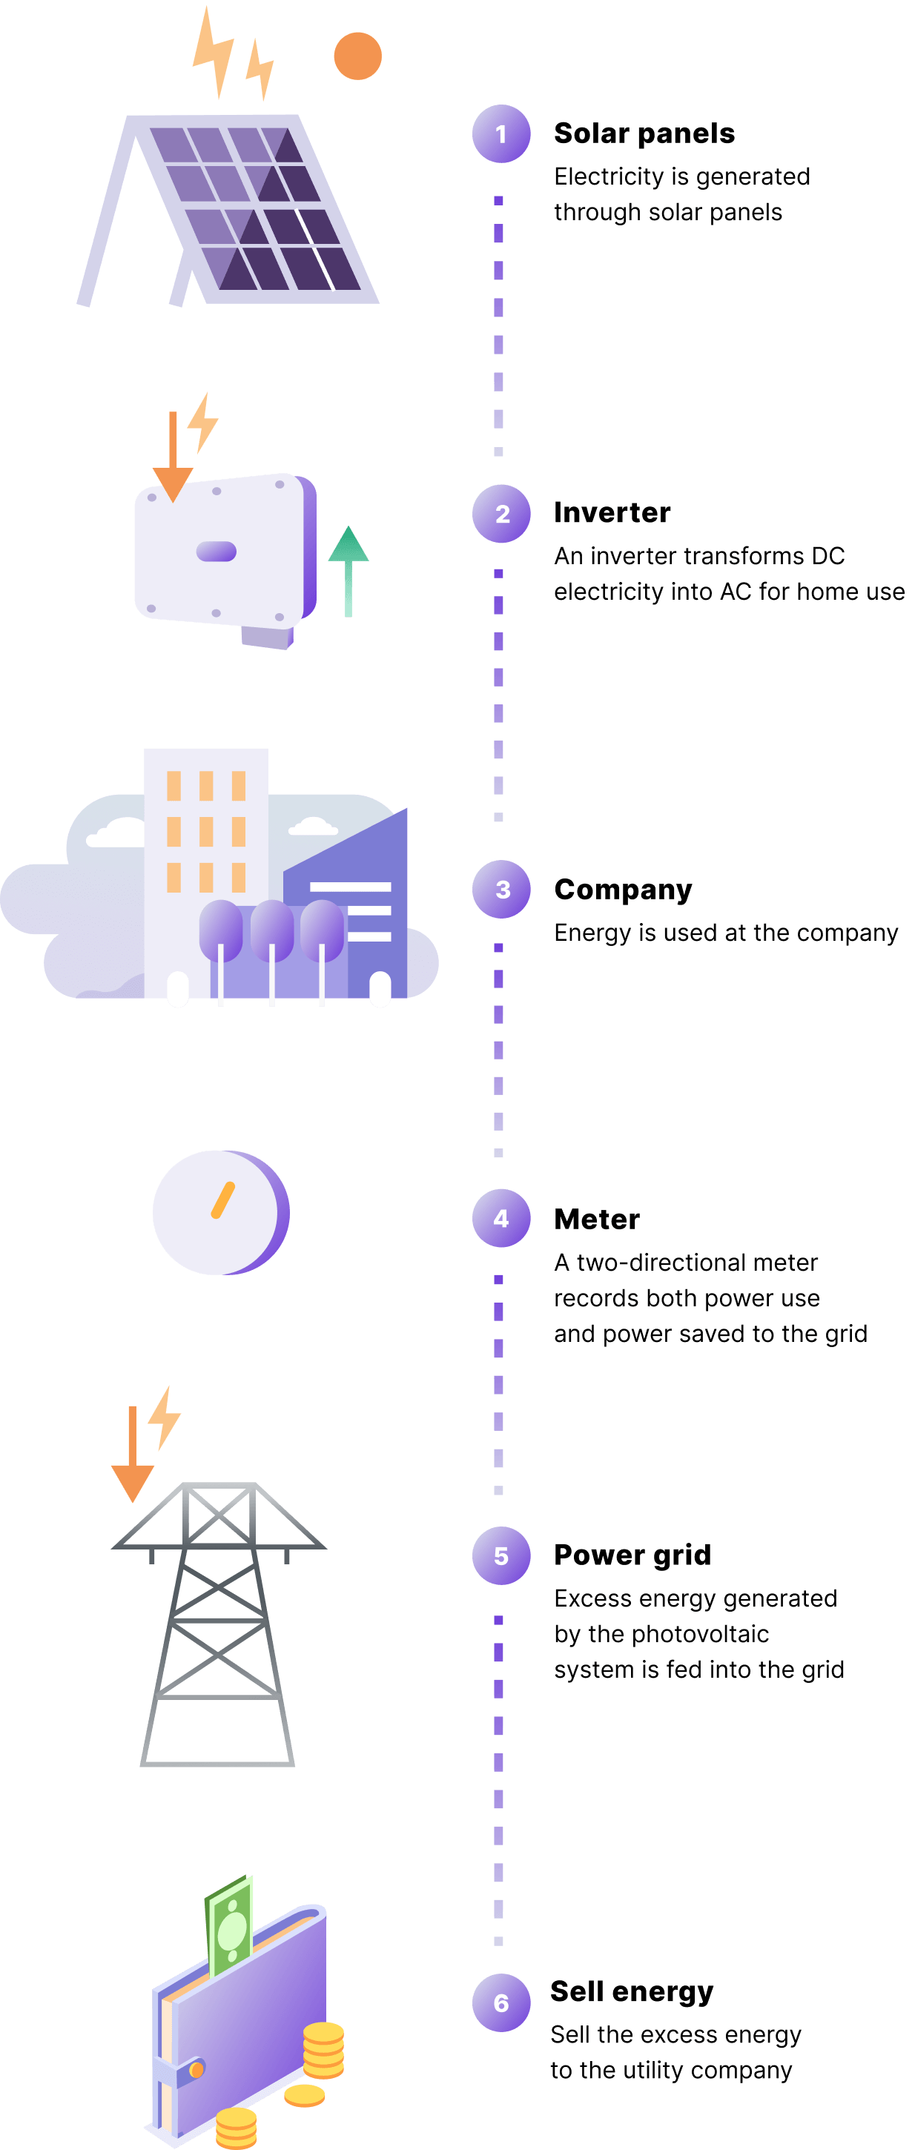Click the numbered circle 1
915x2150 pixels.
coord(501,133)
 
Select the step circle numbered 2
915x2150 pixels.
coord(501,513)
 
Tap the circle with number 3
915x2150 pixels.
coord(501,889)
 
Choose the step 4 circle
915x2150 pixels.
coord(501,1218)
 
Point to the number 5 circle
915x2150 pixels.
coord(501,1555)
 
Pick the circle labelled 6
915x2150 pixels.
coord(501,2002)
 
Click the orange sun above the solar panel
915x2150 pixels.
coord(357,56)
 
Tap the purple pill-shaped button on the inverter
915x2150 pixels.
coord(217,551)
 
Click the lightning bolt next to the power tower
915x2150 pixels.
coord(165,1416)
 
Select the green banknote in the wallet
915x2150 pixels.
coord(230,1928)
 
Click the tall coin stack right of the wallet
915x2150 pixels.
coord(323,2049)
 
